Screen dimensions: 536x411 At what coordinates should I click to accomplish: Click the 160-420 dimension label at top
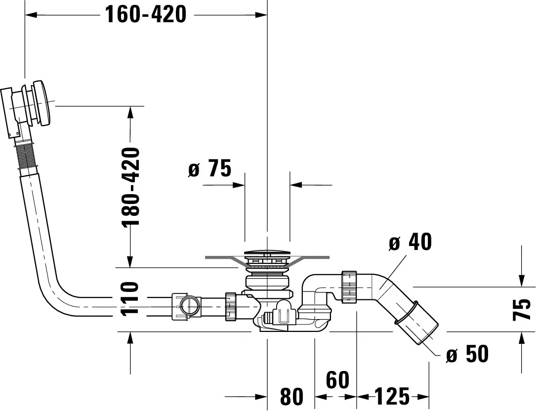(146, 15)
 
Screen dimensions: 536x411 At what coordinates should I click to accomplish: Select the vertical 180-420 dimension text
(131, 187)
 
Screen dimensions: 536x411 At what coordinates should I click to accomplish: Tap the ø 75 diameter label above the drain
(210, 168)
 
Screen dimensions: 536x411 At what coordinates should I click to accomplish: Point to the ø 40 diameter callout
(411, 242)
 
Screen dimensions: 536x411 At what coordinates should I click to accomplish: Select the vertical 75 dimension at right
(522, 309)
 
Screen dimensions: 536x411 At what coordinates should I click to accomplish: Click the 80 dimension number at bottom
(291, 397)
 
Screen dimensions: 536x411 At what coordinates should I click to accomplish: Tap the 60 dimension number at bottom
(337, 379)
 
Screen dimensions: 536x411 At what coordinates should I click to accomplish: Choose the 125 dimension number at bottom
(392, 397)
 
